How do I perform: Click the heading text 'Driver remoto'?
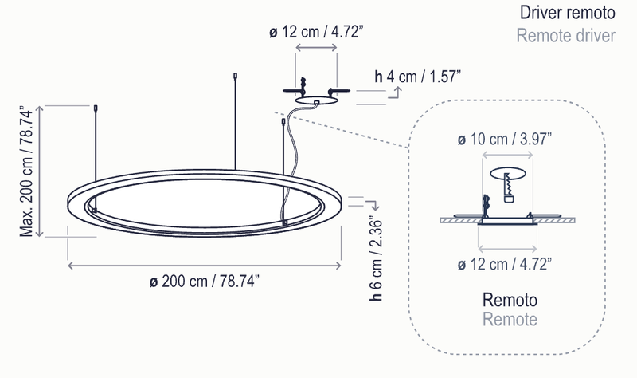pos(567,14)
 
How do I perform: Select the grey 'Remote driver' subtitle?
pos(566,37)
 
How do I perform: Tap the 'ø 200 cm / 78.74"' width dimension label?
pos(204,281)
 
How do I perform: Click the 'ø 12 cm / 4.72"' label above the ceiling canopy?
pos(316,33)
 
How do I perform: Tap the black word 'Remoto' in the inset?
pos(510,301)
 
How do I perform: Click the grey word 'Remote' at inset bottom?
pos(510,320)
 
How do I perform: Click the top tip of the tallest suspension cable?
pos(234,77)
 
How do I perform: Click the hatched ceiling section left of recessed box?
pos(454,222)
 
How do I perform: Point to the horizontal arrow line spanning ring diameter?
pos(204,264)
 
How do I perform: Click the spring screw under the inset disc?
pos(507,185)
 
